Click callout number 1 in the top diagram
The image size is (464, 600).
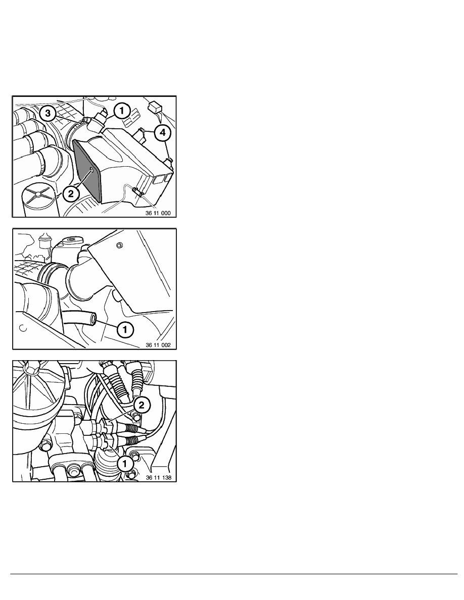point(122,111)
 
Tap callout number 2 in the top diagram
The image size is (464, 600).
point(71,193)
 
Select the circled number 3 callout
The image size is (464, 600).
point(48,114)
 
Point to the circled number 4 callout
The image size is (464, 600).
point(163,132)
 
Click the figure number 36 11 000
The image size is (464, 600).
point(158,213)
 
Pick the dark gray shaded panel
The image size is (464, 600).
point(87,170)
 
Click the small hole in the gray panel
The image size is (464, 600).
point(91,169)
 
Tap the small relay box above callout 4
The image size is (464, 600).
point(155,108)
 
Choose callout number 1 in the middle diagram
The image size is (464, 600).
point(125,329)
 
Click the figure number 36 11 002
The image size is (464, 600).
point(158,345)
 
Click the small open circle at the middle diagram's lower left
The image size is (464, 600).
point(23,328)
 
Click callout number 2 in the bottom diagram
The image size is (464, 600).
point(142,406)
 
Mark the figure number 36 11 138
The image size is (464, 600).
point(158,478)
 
